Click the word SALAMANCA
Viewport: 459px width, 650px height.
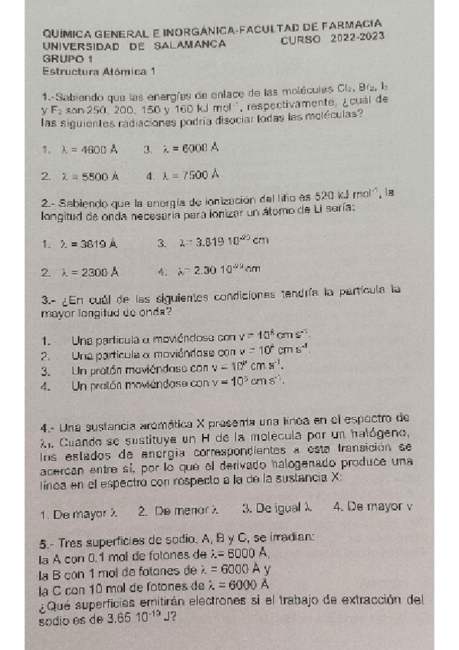pos(189,45)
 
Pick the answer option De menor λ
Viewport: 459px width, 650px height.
pos(188,506)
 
